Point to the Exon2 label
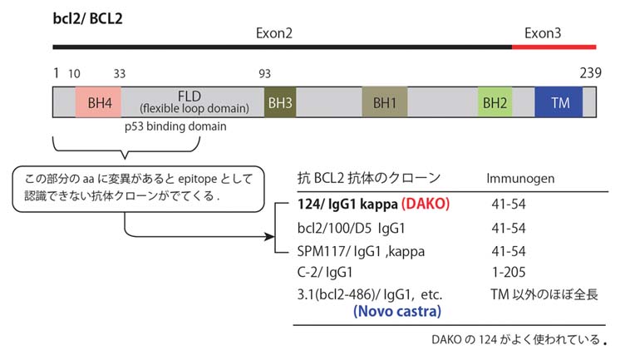coord(274,33)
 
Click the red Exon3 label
coord(543,33)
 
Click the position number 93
coord(265,74)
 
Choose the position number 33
coord(120,74)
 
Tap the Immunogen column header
coord(520,178)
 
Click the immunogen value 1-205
coord(506,271)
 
